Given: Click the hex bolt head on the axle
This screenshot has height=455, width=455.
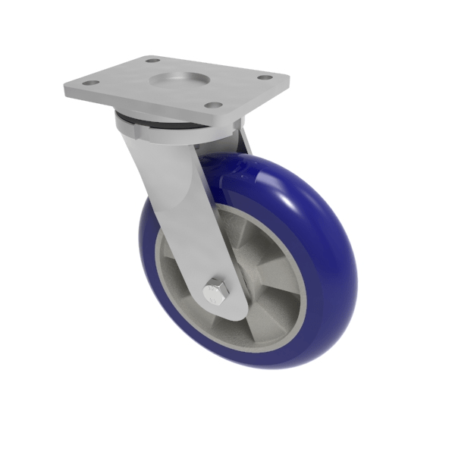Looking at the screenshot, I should click(216, 290).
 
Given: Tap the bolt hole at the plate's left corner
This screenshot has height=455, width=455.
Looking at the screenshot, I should click(90, 83).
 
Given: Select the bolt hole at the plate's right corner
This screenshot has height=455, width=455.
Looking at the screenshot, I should click(264, 77).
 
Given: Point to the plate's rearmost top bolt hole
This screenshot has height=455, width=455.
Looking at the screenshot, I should click(152, 60).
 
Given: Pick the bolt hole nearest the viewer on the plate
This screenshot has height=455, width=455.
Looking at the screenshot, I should click(214, 105).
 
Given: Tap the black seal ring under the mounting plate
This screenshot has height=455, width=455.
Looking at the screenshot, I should click(152, 121).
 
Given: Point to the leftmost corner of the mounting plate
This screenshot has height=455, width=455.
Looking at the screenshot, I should click(65, 89).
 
